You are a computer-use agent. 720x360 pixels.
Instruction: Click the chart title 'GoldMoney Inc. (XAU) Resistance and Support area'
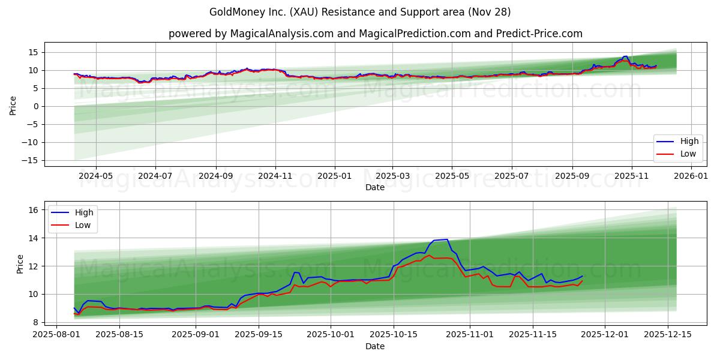360,12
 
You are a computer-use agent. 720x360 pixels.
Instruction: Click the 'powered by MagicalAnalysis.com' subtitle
375,34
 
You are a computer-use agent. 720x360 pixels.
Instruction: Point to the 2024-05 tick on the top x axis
96,176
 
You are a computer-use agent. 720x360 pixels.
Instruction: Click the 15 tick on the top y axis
34,52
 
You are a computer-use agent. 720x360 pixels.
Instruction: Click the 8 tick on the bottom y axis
36,322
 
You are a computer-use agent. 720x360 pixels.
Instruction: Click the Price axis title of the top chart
13,105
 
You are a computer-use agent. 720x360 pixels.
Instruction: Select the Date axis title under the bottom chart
375,346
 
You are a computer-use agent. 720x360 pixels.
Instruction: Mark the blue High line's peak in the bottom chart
446,239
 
